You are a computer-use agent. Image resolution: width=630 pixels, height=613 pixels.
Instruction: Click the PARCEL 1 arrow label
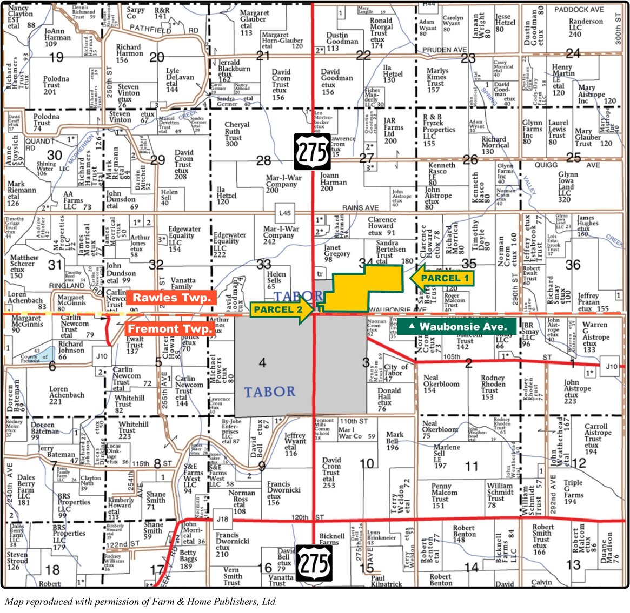[x=442, y=278]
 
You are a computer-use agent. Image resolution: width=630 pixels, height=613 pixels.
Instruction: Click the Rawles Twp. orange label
[x=171, y=298]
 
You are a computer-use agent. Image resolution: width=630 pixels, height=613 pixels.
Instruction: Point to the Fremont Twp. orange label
[x=170, y=328]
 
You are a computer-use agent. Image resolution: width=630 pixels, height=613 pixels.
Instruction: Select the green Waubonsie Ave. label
[x=457, y=326]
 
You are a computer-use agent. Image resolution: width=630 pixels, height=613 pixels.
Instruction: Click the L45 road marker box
[x=284, y=213]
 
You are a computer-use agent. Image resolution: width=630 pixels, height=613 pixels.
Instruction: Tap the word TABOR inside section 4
[x=269, y=392]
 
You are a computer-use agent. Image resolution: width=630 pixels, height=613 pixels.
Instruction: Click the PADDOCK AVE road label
[x=579, y=9]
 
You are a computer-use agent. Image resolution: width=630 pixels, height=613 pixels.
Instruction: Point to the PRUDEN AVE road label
[x=444, y=50]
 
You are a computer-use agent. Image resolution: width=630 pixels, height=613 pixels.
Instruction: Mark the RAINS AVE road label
[x=360, y=207]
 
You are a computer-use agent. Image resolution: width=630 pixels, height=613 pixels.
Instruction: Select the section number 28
[x=263, y=160]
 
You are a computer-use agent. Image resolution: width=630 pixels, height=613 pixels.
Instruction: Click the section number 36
[x=572, y=265]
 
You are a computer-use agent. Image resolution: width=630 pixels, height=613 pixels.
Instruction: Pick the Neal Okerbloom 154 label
[x=441, y=384]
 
